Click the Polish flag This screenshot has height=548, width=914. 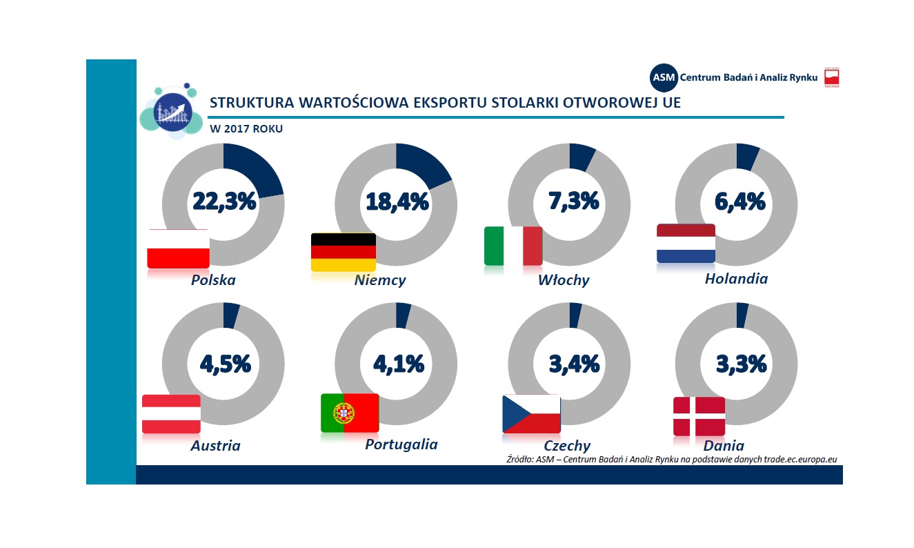tap(178, 248)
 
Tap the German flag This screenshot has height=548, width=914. tap(343, 251)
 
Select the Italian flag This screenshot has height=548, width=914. tap(513, 246)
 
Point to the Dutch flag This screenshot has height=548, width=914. tap(686, 244)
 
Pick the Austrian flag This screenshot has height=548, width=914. tap(171, 414)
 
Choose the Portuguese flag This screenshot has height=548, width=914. tap(350, 413)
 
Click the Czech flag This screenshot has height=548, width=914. tap(531, 414)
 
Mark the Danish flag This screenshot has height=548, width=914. tap(699, 417)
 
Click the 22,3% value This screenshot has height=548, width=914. tap(224, 202)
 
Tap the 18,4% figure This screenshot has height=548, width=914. tap(397, 202)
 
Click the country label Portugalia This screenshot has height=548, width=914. tap(401, 444)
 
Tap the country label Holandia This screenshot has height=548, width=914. tap(736, 279)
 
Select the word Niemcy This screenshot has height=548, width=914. tap(380, 280)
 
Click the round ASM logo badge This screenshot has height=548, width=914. tap(664, 77)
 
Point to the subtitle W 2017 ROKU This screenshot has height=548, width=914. tap(246, 128)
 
